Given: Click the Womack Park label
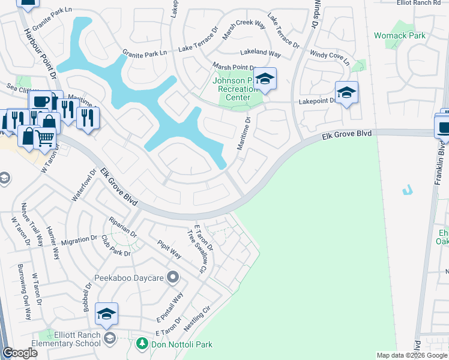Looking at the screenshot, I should pyautogui.click(x=399, y=35).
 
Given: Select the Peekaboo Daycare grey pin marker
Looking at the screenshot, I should pyautogui.click(x=173, y=277).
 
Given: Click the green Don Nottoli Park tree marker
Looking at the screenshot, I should pyautogui.click(x=142, y=344).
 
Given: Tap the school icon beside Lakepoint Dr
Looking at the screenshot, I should pyautogui.click(x=346, y=92).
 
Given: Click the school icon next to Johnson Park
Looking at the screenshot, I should pyautogui.click(x=264, y=79).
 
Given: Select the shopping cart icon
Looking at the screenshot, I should pyautogui.click(x=45, y=139).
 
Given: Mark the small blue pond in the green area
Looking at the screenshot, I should pyautogui.click(x=408, y=191).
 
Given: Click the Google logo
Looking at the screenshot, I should pyautogui.click(x=20, y=353).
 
